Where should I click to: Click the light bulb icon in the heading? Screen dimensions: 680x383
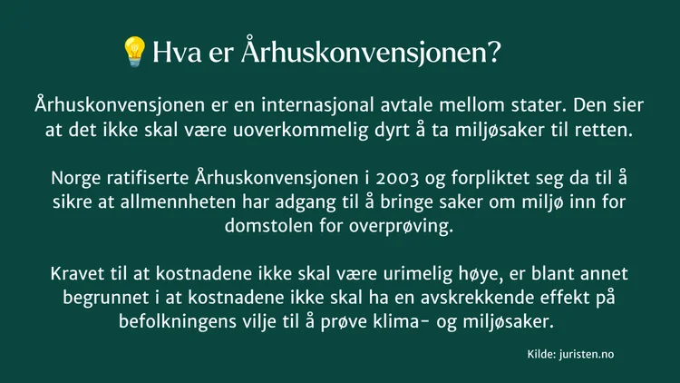[134, 52]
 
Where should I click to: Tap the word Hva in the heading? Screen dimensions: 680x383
[177, 52]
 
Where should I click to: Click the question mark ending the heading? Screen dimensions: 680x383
[494, 52]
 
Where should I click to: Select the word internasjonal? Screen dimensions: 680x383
[317, 105]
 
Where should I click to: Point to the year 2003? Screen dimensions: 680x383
[397, 179]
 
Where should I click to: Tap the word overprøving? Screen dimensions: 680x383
[401, 226]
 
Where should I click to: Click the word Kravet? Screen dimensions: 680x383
[77, 273]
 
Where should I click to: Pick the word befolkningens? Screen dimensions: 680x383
[173, 322]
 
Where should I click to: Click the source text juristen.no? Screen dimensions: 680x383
[587, 354]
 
